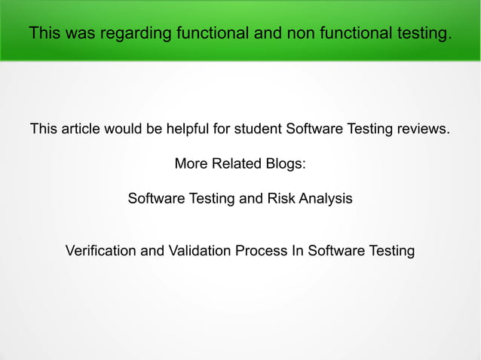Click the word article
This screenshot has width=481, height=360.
(x=81, y=129)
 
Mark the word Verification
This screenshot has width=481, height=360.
(x=102, y=250)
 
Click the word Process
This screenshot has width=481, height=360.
(x=261, y=250)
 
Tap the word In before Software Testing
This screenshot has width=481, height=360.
(x=296, y=250)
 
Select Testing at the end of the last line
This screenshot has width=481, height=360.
(x=389, y=250)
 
